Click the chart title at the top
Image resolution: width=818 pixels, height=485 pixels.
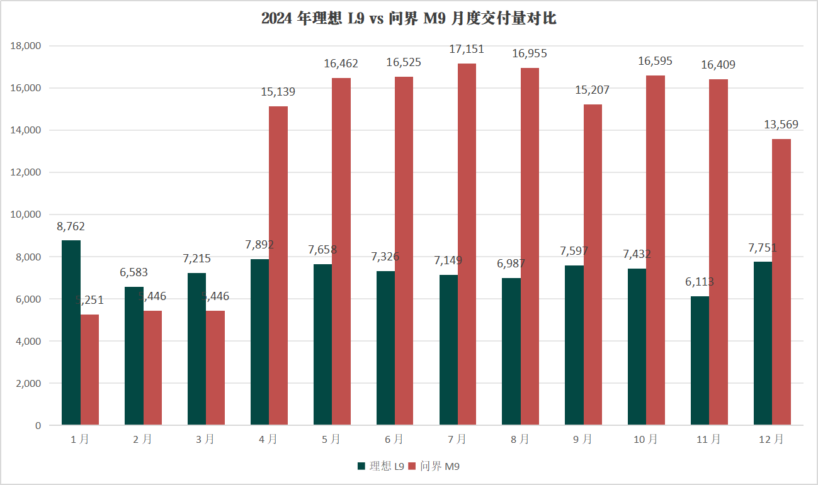409,19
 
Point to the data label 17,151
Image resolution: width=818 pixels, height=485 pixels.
467,48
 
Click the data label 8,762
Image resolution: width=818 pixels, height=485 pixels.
71,226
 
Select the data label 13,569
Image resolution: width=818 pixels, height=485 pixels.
781,125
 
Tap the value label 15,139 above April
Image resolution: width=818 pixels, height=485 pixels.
278,92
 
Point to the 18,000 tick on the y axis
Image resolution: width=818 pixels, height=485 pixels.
26,46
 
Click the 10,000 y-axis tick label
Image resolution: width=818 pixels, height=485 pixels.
26,215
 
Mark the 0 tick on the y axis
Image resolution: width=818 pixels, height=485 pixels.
38,425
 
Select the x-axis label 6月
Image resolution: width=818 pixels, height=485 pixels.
394,440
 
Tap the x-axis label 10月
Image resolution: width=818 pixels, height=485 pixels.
646,440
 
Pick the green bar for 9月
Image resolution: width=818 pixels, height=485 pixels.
574,345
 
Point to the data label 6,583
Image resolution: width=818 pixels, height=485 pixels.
133,272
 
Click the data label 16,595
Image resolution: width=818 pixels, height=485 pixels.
655,61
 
